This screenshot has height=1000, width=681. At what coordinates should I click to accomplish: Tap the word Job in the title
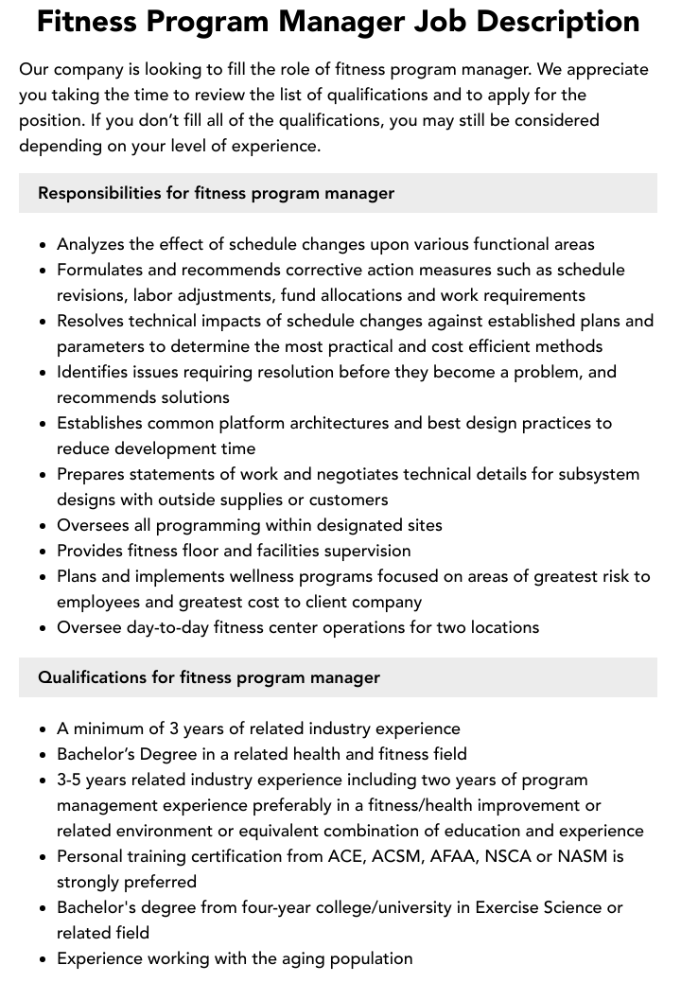[x=424, y=21]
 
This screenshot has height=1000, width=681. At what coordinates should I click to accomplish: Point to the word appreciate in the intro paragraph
[x=602, y=69]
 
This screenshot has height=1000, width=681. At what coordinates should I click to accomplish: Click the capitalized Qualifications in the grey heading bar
[x=91, y=677]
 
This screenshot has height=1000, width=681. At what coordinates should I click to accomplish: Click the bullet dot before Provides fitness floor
[x=44, y=552]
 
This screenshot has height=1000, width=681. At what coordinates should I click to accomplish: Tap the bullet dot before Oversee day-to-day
[x=44, y=628]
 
